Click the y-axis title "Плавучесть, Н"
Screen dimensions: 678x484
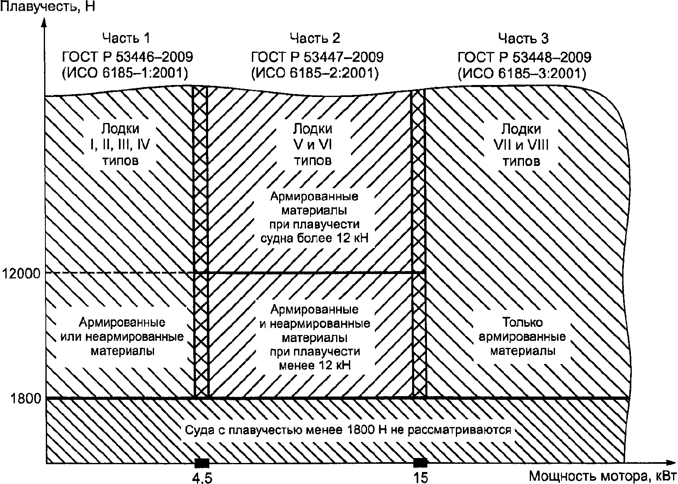coord(47,6)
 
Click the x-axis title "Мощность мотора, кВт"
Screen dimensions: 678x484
coord(602,476)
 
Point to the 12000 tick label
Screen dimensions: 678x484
coord(21,273)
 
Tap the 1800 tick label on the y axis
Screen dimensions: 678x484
coord(26,399)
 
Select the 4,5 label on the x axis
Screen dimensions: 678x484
coord(202,478)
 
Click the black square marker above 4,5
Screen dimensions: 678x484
coord(202,463)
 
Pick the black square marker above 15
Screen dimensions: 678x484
coord(420,463)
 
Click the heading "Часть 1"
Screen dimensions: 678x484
coord(126,38)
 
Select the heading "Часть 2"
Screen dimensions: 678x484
coord(315,38)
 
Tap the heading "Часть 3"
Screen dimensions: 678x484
coord(523,38)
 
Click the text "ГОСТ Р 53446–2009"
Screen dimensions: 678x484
coord(128,57)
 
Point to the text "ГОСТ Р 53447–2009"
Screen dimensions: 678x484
coord(317,57)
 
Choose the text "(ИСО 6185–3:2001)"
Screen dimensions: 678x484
coord(522,73)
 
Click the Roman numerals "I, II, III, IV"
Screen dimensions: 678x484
coord(120,144)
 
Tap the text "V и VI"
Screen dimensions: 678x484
coord(313,144)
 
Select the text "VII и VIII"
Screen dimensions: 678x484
coord(521,146)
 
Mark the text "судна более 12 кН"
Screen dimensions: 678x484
coord(315,238)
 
